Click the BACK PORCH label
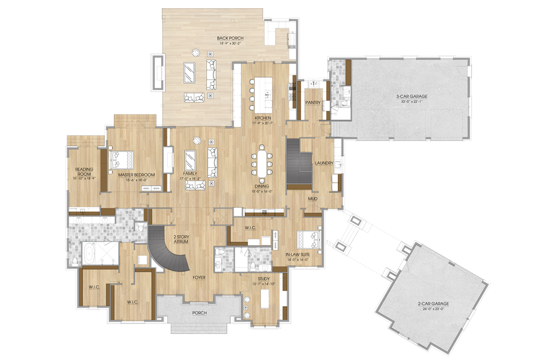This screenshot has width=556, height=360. tap(230, 38)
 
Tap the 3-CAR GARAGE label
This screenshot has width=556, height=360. tap(412, 96)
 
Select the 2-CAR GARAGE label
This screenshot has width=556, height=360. tap(433, 304)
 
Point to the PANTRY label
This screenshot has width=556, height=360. tap(313, 103)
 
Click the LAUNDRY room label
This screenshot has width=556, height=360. tap(324, 163)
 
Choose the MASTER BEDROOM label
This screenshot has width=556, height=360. tap(136, 175)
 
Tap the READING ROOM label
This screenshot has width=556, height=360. tap(84, 172)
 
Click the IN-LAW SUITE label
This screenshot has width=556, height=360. tap(298, 254)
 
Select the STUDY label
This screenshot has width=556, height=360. tap(263, 279)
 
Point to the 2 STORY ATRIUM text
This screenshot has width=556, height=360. tap(181, 239)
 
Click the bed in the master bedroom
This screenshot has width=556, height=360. tap(122, 160)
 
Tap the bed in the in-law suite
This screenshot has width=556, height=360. tap(309, 239)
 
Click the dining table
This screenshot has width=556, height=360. tap(262, 163)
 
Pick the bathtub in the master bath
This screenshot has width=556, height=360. tap(89, 253)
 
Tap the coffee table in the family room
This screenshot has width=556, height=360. tap(191, 161)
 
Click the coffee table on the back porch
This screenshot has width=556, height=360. tap(189, 73)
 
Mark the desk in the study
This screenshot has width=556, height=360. tap(264, 299)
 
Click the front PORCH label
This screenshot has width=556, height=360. tap(199, 313)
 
